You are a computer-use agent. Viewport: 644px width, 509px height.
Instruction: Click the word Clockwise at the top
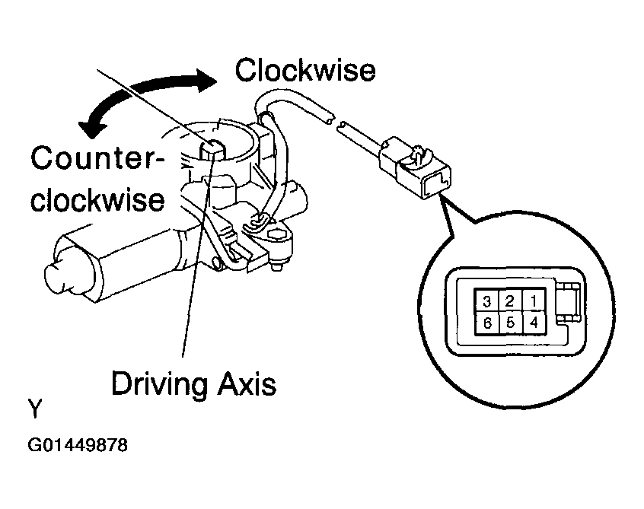pyautogui.click(x=304, y=70)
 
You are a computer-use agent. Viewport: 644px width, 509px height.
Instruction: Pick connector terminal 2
pyautogui.click(x=510, y=301)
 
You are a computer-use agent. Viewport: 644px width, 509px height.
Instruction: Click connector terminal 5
pyautogui.click(x=510, y=322)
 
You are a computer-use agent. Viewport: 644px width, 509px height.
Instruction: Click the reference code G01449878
pyautogui.click(x=78, y=444)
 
